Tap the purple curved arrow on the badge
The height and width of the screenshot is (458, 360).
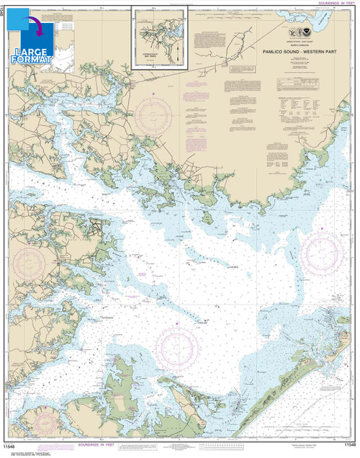click(x=32, y=29)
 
